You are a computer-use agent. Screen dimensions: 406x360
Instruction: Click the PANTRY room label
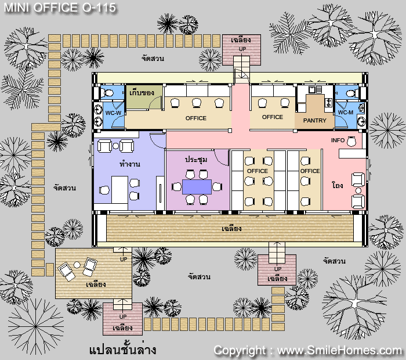pos(314,121)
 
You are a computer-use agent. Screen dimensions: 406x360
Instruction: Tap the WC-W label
pos(113,113)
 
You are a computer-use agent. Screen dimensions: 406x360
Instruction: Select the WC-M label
pos(346,113)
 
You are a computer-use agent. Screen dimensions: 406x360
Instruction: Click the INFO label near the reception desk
pos(338,140)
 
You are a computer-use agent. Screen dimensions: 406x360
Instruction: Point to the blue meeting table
pos(197,186)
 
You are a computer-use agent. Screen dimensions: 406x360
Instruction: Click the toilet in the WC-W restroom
pos(107,92)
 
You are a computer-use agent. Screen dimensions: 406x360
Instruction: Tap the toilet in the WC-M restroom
pos(352,93)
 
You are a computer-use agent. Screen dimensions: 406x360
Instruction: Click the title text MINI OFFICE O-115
pos(60,8)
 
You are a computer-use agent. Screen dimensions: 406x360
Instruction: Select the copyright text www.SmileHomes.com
pos(339,350)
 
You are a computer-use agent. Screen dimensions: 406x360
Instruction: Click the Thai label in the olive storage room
pos(142,92)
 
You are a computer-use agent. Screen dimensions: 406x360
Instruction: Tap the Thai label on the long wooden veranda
pos(231,228)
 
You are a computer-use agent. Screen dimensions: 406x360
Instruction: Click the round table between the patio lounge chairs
pos(77,265)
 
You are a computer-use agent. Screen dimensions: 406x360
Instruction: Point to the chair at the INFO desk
pos(351,141)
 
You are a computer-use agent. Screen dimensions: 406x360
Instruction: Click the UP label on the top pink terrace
pos(242,49)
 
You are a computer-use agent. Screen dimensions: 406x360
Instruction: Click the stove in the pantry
pos(328,102)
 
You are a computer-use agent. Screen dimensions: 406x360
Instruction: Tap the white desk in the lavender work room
pos(119,190)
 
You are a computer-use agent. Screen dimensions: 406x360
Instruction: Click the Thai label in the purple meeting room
pos(196,160)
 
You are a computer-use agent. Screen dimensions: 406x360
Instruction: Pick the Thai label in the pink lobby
pos(338,185)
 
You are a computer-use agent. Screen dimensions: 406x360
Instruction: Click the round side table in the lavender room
pos(116,146)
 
